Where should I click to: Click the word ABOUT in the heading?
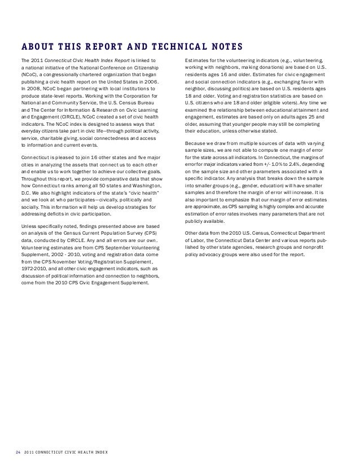[36, 46]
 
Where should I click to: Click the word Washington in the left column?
[145, 170]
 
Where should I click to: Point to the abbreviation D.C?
[25, 177]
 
